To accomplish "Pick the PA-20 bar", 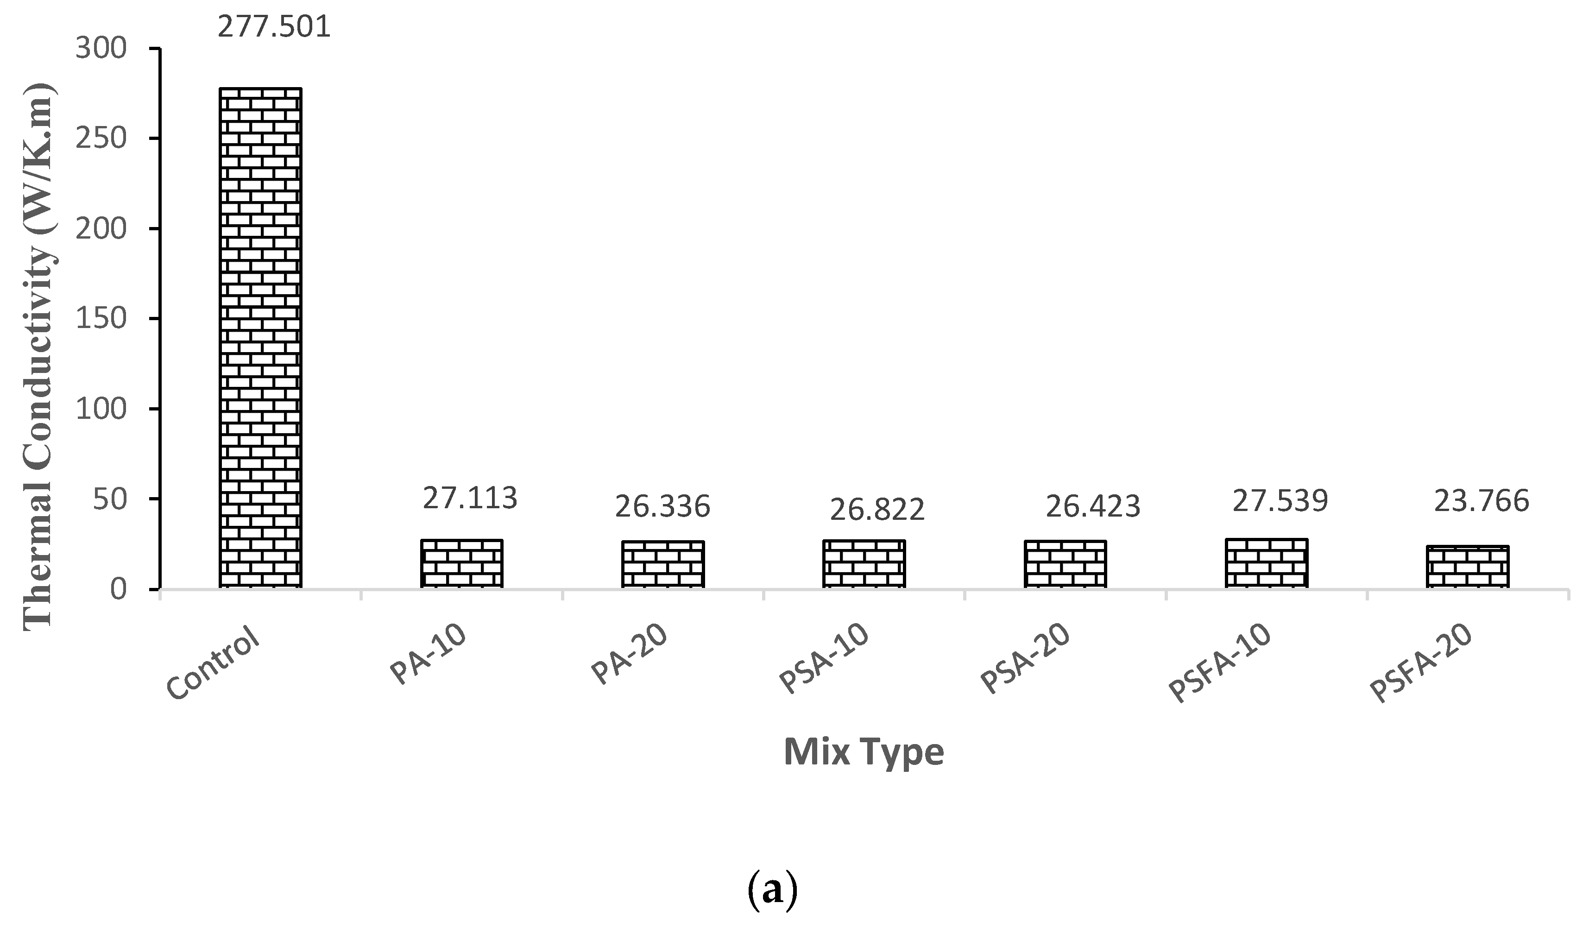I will tap(663, 564).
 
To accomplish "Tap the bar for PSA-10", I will tap(864, 564).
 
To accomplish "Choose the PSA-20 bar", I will tap(1066, 564).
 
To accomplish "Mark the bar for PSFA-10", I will tap(1267, 563).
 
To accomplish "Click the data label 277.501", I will tap(274, 27).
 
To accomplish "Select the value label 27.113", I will tap(470, 498).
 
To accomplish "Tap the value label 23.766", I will tap(1482, 502).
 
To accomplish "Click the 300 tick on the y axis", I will tap(101, 49).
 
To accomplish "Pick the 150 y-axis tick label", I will tap(101, 319).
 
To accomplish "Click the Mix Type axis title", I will tap(864, 751).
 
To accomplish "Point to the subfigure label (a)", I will tap(772, 890).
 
